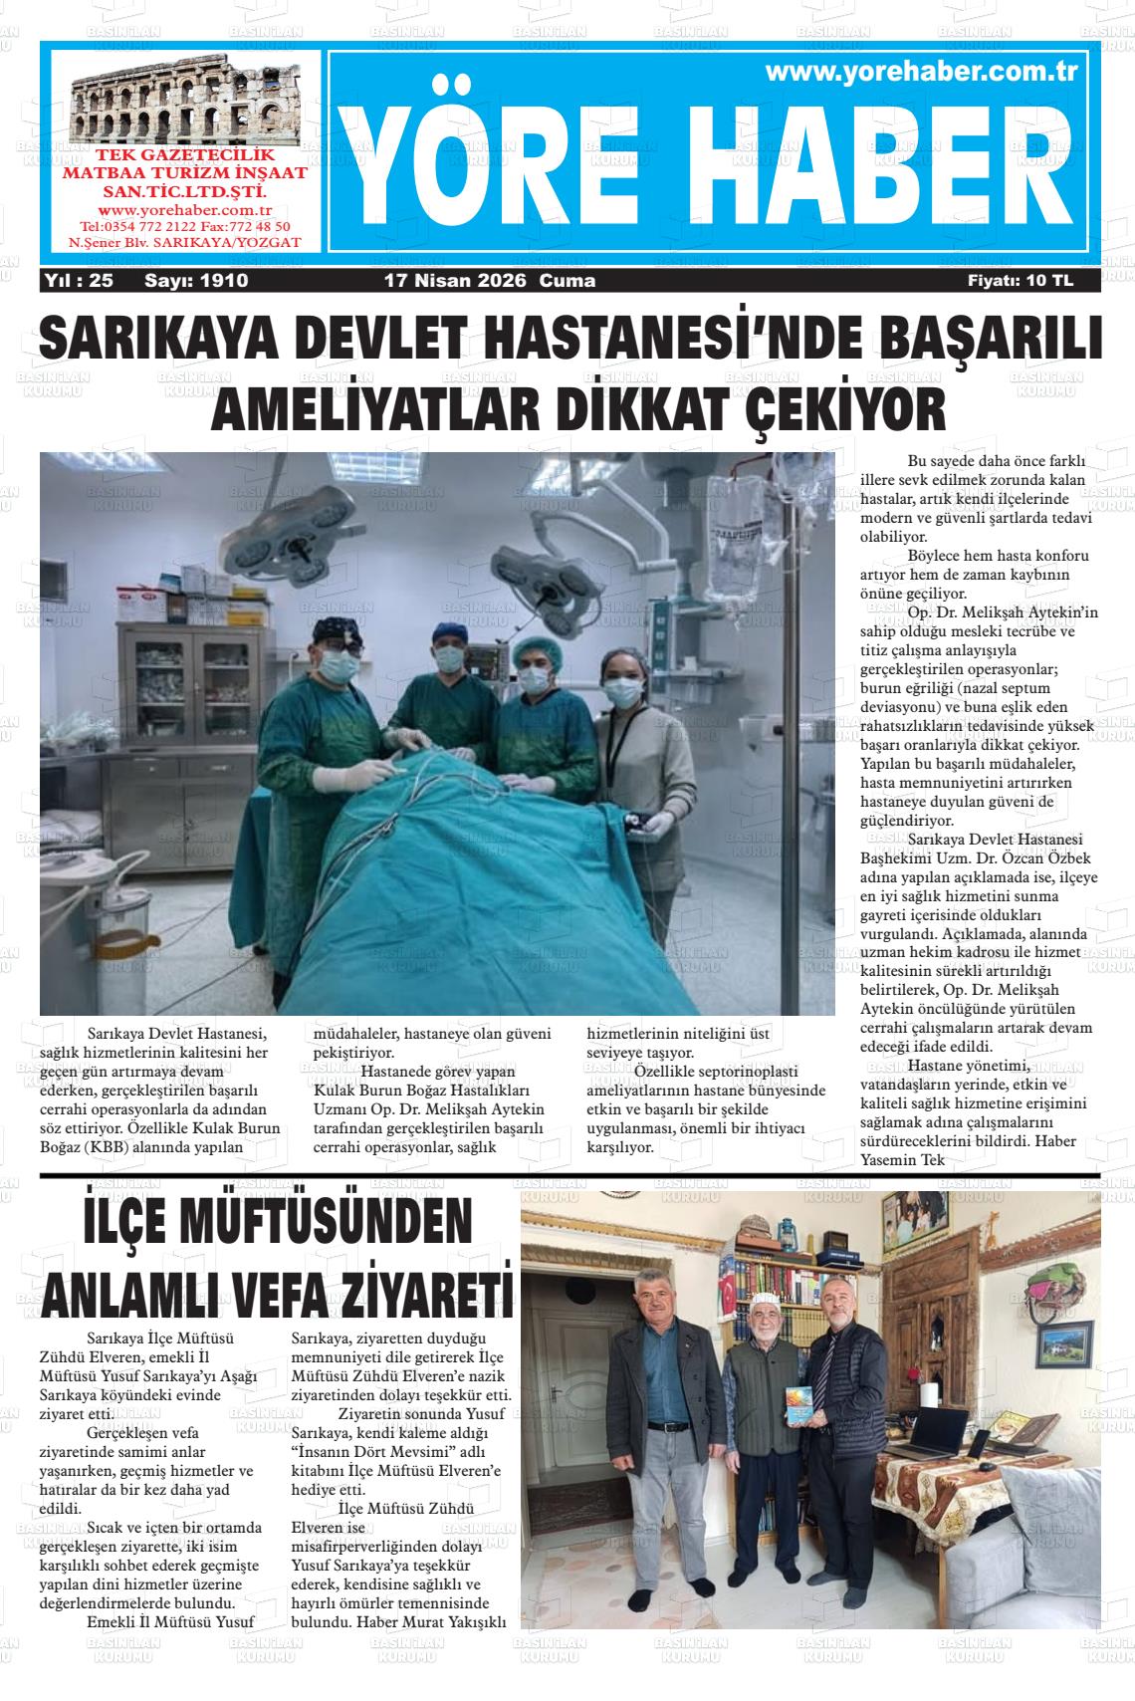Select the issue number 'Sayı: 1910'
pos(196,281)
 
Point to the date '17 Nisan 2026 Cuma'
pos(490,281)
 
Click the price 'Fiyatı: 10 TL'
pos(1021,281)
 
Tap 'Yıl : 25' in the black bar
pos(79,281)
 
